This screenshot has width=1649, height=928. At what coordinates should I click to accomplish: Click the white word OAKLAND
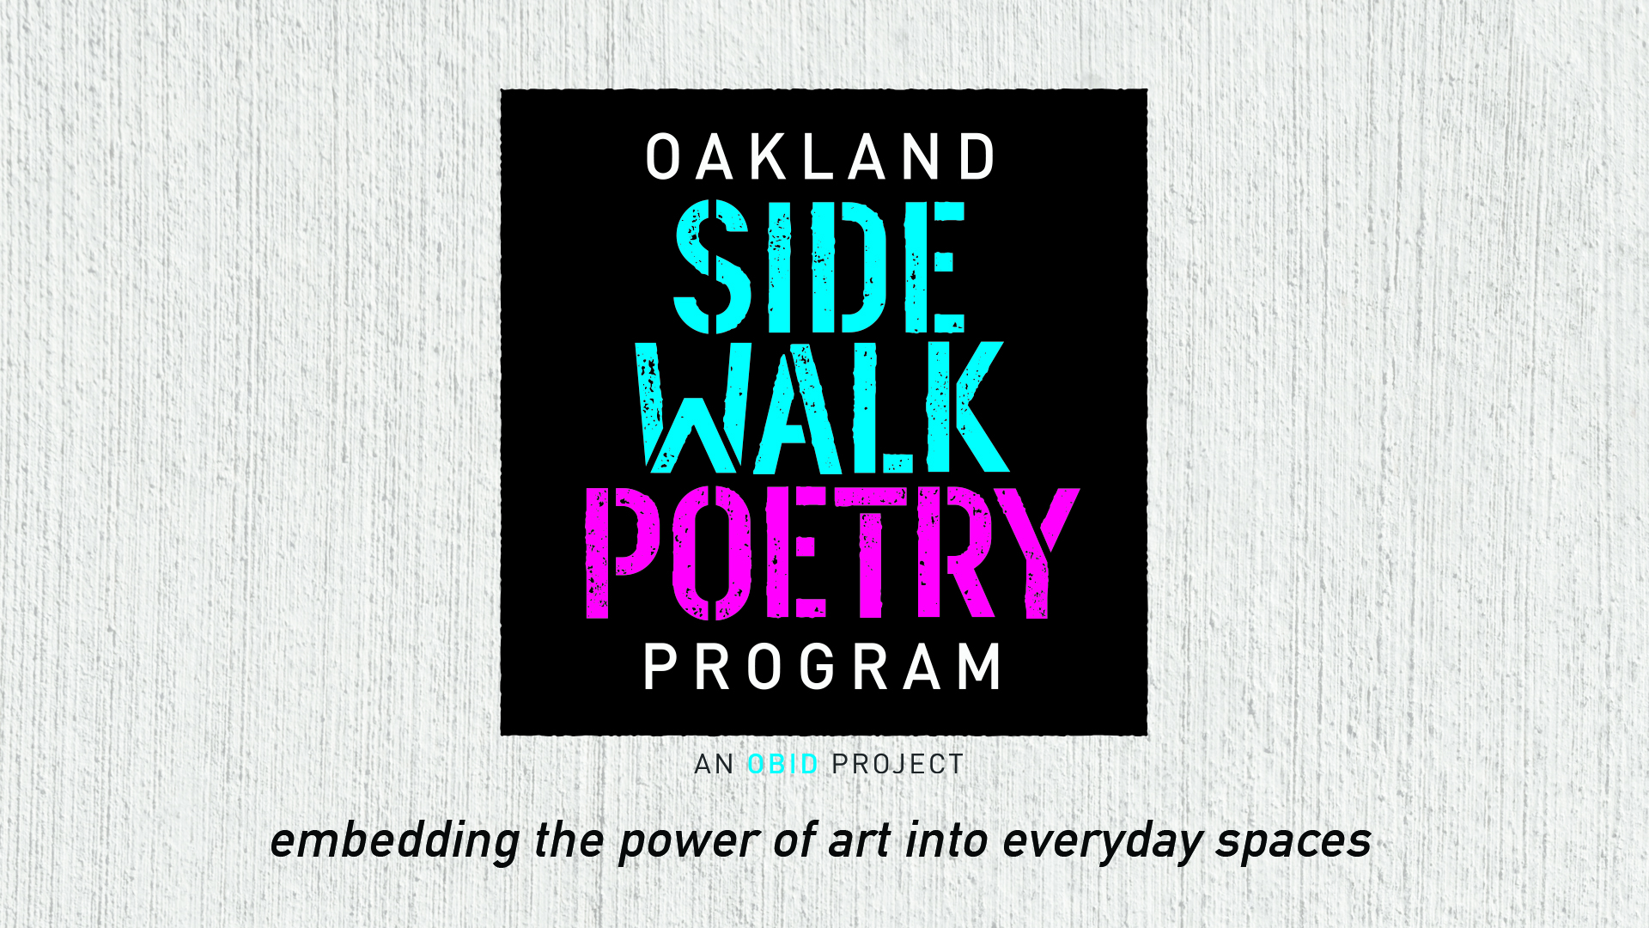pos(821,157)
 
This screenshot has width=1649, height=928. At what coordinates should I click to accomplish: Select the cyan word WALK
pos(822,407)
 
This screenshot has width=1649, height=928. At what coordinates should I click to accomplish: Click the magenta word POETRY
pos(832,553)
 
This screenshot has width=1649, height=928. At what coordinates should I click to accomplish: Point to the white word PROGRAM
pos(823,667)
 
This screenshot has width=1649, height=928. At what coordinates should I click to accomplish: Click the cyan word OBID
pos(782,764)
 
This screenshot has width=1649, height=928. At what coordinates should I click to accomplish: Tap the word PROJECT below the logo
pos(898,764)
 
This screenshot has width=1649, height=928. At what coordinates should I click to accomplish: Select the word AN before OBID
pos(714,764)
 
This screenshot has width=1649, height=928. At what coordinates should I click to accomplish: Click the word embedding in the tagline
pos(395,841)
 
